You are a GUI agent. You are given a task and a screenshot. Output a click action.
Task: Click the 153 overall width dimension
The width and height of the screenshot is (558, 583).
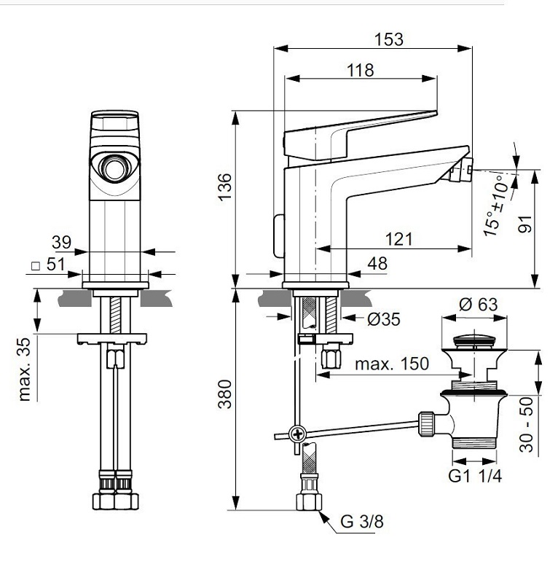coord(389,39)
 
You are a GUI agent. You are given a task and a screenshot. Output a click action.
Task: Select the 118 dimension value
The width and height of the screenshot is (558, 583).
coord(360,70)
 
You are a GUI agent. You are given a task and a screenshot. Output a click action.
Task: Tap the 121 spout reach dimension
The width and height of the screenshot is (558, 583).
coord(398,238)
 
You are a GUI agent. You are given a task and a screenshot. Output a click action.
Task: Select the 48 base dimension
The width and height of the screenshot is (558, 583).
coord(377,264)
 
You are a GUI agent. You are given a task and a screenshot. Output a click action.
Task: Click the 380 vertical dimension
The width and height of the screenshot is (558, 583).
coord(224,394)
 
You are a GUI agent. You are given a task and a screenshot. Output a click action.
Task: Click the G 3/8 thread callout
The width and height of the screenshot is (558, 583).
coord(362,523)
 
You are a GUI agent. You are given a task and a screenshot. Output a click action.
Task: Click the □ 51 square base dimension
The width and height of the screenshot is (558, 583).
coord(49,265)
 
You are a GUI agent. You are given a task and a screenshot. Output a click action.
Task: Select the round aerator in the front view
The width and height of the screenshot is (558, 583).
coord(113,169)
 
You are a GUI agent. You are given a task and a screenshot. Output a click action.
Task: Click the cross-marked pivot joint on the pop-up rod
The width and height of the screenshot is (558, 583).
coord(296,435)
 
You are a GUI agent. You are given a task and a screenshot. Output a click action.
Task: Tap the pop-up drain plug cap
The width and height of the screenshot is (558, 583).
coord(474,340)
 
